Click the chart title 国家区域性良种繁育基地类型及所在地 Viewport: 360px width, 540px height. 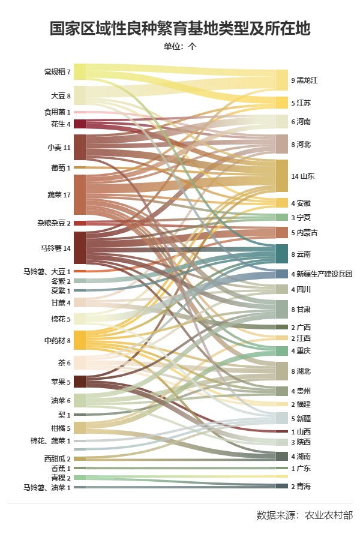(179, 29)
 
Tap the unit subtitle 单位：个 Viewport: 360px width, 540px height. (179, 46)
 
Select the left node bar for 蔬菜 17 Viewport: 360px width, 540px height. (80, 194)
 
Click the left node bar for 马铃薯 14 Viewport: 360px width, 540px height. (80, 248)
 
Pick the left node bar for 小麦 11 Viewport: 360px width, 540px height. (80, 147)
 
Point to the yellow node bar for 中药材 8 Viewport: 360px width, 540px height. (80, 340)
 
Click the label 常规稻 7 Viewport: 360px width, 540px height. (58, 72)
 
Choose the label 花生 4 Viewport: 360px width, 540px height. (61, 124)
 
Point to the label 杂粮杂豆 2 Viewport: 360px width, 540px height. (54, 223)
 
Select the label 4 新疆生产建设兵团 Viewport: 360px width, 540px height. (322, 274)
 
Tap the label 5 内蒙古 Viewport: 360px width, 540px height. (304, 233)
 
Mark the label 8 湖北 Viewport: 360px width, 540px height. (301, 371)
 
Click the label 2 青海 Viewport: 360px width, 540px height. (301, 486)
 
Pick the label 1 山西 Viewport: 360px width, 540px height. (301, 431)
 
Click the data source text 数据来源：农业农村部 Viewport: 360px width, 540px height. (304, 515)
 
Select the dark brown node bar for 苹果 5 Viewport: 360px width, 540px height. (80, 382)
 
